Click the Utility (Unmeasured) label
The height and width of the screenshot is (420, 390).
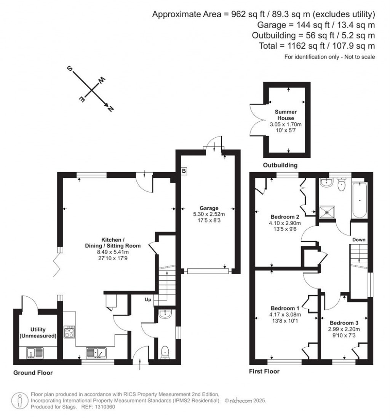[38, 332]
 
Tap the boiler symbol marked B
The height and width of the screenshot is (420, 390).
[184, 172]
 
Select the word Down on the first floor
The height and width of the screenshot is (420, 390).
[359, 240]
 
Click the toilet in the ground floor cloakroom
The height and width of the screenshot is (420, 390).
[165, 352]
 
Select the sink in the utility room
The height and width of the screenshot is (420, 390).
[35, 353]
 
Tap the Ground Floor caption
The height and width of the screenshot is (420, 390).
[33, 373]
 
